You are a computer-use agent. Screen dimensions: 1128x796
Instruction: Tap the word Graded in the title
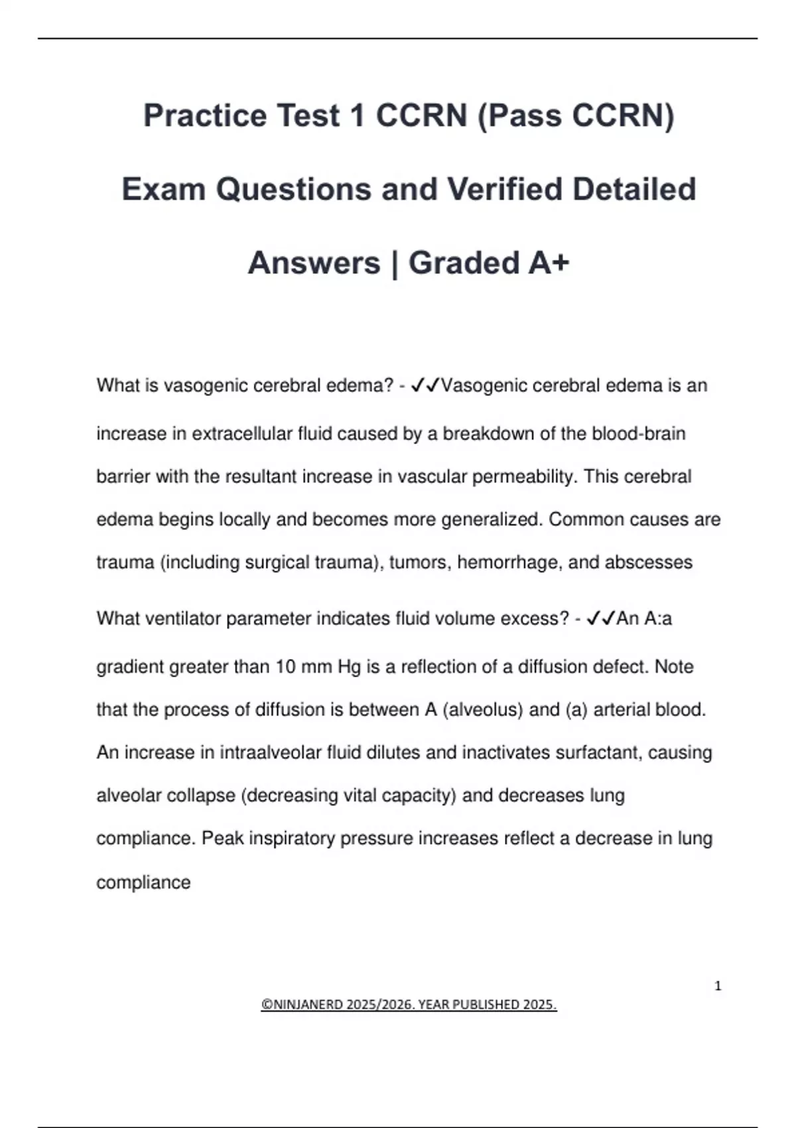[x=464, y=263]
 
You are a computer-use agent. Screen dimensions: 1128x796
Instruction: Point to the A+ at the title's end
[x=549, y=263]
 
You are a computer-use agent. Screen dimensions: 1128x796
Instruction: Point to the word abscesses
[x=649, y=562]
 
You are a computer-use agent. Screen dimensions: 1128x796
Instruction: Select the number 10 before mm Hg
[x=285, y=666]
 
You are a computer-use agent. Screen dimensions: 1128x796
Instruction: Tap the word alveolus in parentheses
[x=482, y=709]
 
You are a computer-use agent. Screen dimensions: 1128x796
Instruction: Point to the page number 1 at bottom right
[x=718, y=986]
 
